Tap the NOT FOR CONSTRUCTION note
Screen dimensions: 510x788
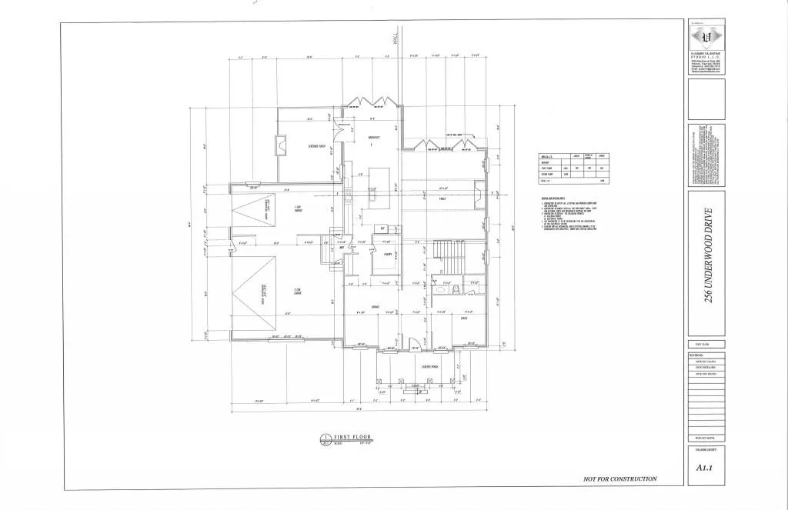click(620, 478)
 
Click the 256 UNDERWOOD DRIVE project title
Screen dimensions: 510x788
click(707, 255)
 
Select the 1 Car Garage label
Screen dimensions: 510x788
click(297, 208)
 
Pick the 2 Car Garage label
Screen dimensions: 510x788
click(297, 291)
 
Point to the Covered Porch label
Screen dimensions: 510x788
click(420, 367)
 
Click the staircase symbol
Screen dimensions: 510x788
click(443, 250)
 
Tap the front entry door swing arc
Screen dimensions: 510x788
click(412, 343)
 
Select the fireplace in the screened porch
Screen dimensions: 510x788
click(279, 145)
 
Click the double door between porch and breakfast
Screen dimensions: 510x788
click(345, 123)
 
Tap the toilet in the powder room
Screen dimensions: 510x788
click(454, 288)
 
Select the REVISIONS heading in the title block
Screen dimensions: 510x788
click(694, 355)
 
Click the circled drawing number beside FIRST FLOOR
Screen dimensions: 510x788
click(324, 439)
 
